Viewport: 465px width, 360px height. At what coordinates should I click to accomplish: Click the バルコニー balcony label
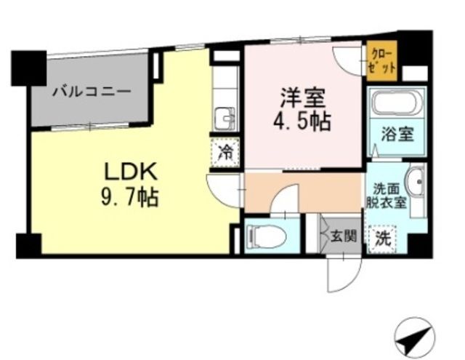(x=91, y=92)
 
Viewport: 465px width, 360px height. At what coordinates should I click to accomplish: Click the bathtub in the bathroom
(x=395, y=103)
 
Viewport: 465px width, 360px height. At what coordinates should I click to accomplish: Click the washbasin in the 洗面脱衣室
(x=415, y=183)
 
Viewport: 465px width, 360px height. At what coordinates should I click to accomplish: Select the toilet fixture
(x=263, y=236)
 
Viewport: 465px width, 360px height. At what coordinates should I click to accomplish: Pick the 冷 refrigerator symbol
(x=226, y=153)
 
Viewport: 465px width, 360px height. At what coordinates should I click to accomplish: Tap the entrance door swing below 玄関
(x=341, y=273)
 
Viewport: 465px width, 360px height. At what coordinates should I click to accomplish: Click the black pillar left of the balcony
(x=28, y=66)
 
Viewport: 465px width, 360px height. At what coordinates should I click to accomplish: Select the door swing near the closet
(x=347, y=60)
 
